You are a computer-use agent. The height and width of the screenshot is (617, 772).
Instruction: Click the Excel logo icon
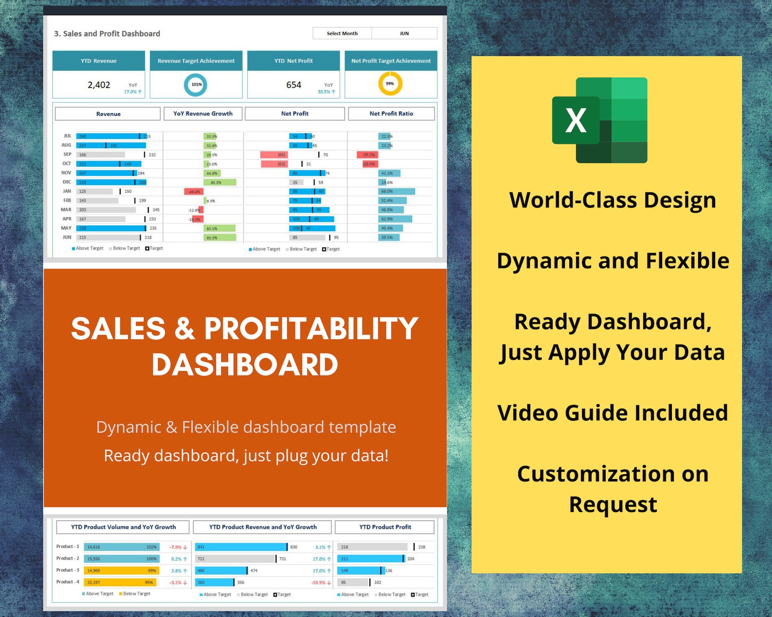tap(599, 120)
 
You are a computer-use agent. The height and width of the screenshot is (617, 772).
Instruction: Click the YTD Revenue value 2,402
tap(99, 85)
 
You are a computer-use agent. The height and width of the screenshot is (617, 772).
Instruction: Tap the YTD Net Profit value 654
tap(294, 85)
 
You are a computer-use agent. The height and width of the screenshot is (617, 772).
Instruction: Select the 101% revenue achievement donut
tap(196, 85)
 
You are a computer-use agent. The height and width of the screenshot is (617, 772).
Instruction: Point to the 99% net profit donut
tap(390, 84)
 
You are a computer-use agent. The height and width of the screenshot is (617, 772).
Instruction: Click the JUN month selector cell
tap(404, 34)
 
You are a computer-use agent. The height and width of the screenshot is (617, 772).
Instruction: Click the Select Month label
tap(342, 34)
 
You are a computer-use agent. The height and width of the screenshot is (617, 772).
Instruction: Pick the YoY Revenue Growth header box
tap(203, 114)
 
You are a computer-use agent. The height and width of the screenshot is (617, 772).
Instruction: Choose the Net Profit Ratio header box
tap(391, 114)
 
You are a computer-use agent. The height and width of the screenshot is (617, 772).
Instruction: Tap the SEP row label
tap(67, 154)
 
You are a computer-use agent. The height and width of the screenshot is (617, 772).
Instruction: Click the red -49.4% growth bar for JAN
tap(193, 191)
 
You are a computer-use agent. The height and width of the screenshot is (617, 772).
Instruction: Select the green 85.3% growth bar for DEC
tap(220, 183)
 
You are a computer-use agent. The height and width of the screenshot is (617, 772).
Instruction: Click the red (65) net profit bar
tap(274, 155)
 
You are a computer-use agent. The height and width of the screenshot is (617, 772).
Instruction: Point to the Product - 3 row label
tap(68, 570)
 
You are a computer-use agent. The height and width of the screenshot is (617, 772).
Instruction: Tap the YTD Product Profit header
tap(385, 527)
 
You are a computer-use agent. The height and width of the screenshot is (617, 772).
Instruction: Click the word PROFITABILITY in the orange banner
tap(311, 329)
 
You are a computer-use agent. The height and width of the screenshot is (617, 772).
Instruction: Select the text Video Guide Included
tap(613, 413)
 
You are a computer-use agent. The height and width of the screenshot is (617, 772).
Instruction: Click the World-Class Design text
tap(613, 200)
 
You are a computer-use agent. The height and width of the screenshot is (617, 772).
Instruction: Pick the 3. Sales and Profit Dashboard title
tap(107, 34)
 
